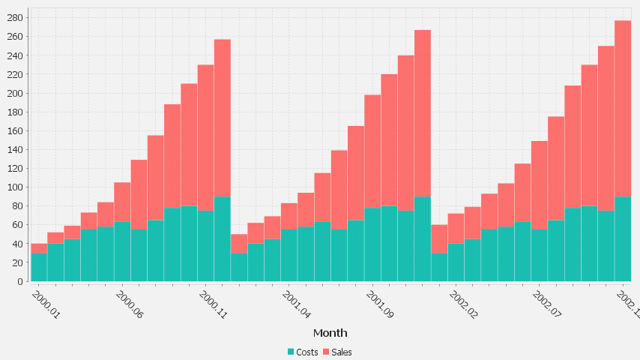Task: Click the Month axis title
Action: [330, 333]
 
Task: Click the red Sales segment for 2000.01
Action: [39, 248]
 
